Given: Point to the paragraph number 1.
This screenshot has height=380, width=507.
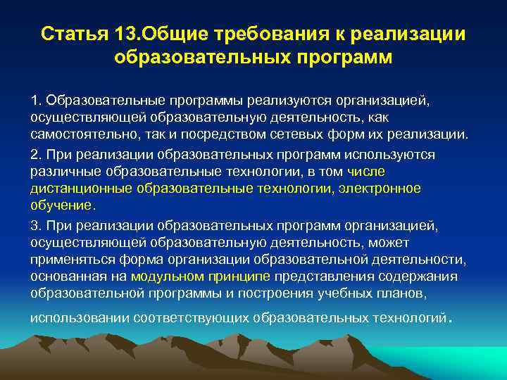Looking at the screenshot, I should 34,101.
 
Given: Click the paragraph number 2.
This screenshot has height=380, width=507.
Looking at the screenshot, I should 35,154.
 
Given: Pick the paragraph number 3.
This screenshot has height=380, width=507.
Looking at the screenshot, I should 35,226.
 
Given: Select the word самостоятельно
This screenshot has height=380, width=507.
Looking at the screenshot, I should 77,134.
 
